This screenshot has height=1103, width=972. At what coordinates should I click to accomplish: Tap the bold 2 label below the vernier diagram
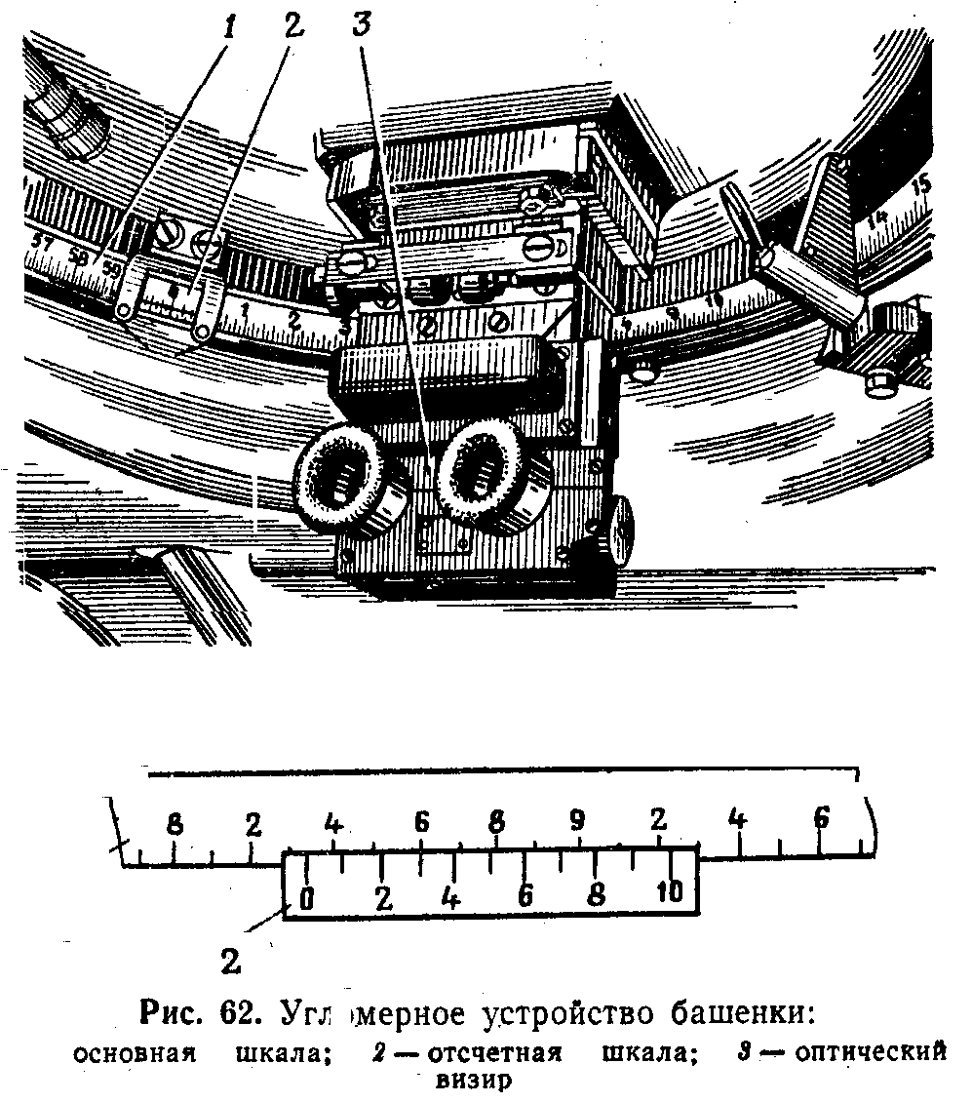click(x=231, y=961)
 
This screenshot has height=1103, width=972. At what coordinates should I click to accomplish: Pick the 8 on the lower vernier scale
click(x=597, y=893)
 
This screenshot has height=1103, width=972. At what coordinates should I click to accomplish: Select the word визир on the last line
click(x=478, y=1081)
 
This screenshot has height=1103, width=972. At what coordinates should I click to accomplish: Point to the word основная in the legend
click(x=136, y=1054)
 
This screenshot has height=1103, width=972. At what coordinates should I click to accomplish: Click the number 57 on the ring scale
click(x=42, y=242)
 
